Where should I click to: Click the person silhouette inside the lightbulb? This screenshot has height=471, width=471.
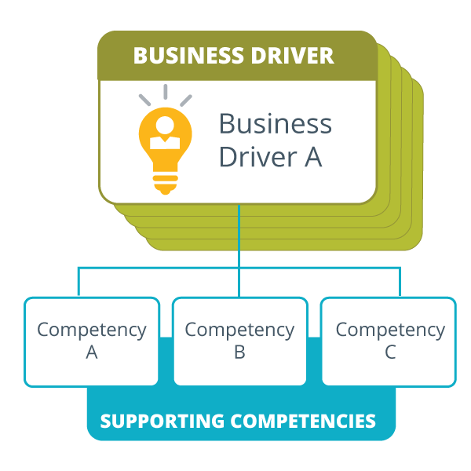pos(166,134)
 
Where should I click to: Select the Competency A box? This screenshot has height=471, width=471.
pos(92,341)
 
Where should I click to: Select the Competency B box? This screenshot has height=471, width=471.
pos(239,341)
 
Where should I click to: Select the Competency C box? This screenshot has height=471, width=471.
pos(389,341)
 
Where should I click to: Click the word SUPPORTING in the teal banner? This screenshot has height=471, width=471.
pos(162,421)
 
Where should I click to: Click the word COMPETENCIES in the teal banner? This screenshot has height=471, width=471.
pos(303,421)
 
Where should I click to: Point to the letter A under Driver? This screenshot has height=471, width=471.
pos(312,157)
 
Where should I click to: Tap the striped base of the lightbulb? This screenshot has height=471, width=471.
pos(165,183)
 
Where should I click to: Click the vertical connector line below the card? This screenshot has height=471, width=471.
pos(239,235)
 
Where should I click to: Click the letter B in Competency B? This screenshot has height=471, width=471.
pos(239,353)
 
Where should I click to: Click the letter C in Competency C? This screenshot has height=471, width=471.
pos(390,353)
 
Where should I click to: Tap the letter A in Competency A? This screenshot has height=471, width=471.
pos(92,353)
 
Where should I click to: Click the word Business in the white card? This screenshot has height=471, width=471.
pos(275,124)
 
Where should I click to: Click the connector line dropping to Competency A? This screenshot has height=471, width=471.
pos(78,283)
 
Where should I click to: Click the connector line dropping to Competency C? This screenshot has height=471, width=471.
pos(400,283)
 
